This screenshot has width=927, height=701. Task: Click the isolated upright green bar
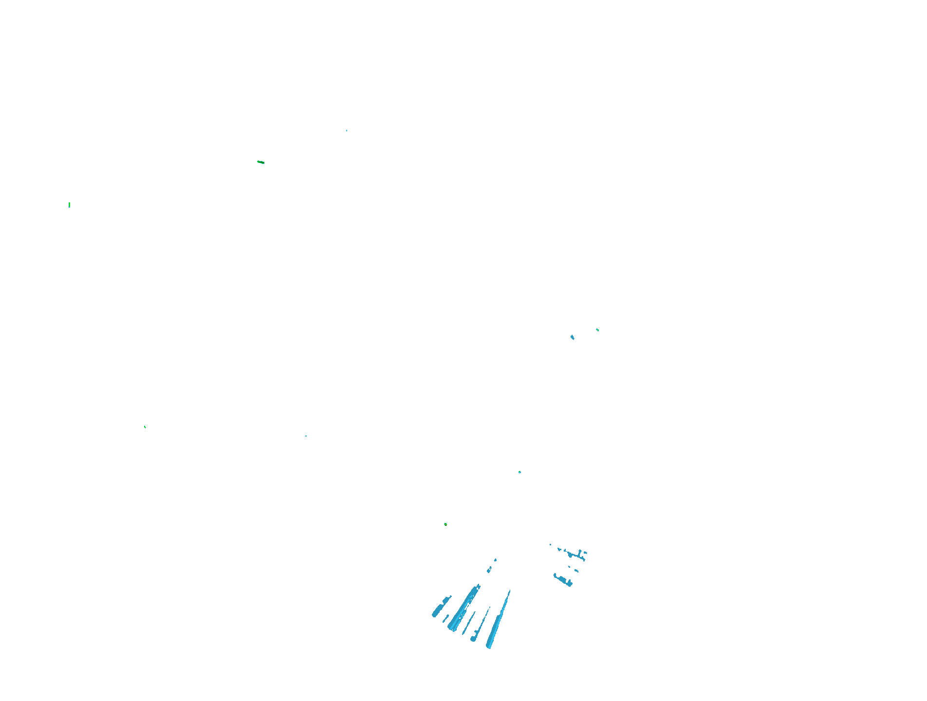pyautogui.click(x=69, y=205)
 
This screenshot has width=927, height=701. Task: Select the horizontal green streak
pyautogui.click(x=260, y=162)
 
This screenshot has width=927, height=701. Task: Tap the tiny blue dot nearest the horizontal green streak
pyautogui.click(x=347, y=130)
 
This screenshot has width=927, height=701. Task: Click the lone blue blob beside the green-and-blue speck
pyautogui.click(x=572, y=337)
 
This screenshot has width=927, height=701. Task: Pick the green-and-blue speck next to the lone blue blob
pyautogui.click(x=597, y=330)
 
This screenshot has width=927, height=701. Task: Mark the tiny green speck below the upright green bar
pyautogui.click(x=145, y=427)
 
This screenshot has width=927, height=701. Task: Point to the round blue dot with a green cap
pyautogui.click(x=519, y=472)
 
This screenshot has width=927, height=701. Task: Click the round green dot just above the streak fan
pyautogui.click(x=445, y=524)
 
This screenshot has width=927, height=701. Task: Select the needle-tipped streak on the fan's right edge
pyautogui.click(x=498, y=623)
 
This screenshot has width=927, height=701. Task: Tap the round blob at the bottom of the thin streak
pyautogui.click(x=473, y=639)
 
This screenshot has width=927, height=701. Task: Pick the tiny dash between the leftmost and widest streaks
pyautogui.click(x=445, y=618)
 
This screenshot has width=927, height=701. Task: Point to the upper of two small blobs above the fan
pyautogui.click(x=496, y=560)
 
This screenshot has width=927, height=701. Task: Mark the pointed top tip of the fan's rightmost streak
pyautogui.click(x=509, y=591)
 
